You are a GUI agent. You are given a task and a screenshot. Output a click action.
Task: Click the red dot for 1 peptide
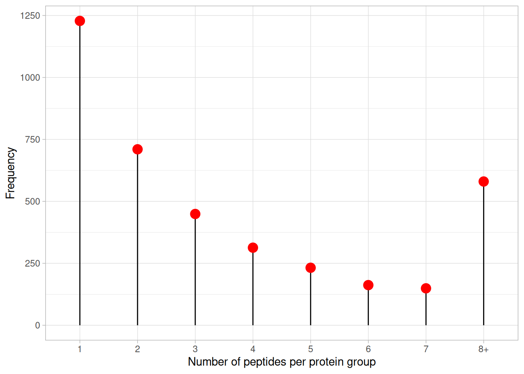(x=80, y=21)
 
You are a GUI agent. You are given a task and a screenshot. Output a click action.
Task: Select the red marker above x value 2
(x=138, y=149)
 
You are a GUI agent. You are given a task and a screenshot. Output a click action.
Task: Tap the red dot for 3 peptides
(x=195, y=214)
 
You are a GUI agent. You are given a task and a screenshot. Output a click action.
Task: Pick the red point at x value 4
(x=253, y=247)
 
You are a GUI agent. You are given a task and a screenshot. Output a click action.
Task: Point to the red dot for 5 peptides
(x=311, y=268)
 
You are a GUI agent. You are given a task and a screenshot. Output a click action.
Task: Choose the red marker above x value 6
(x=368, y=285)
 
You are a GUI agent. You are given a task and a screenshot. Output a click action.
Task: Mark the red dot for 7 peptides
(x=426, y=288)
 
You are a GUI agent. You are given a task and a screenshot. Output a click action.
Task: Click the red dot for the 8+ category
(x=483, y=182)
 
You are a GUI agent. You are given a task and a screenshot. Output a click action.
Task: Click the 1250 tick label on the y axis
(x=30, y=16)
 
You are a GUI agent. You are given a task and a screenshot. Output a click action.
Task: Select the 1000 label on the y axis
(x=30, y=78)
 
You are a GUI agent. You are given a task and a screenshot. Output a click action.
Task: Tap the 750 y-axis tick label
(x=32, y=139)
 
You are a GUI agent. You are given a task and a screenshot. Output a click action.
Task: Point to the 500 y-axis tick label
(x=32, y=201)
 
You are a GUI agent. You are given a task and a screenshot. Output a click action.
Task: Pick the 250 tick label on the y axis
(x=32, y=263)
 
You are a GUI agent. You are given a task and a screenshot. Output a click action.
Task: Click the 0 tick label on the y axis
(x=38, y=325)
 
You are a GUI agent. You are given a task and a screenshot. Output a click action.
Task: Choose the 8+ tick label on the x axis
(x=483, y=349)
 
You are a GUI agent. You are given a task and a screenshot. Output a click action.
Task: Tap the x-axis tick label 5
(x=311, y=349)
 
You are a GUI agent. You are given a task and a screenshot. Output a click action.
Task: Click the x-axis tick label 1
(x=80, y=349)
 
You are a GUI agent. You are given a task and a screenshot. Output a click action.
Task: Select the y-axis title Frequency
(x=11, y=173)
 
